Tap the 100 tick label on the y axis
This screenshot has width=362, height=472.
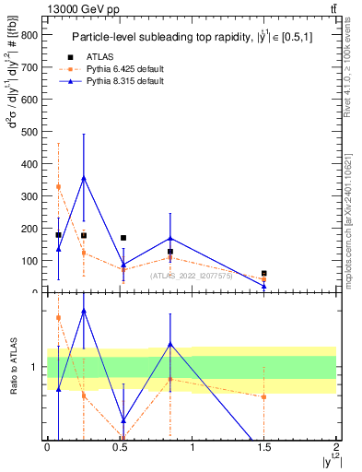pyautogui.click(x=29, y=261)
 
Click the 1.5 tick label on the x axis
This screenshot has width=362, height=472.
pyautogui.click(x=263, y=447)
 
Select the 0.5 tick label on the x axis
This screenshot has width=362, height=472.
pyautogui.click(x=119, y=447)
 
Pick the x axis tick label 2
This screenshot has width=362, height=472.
pyautogui.click(x=336, y=447)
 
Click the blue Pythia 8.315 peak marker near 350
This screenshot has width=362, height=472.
pyautogui.click(x=84, y=178)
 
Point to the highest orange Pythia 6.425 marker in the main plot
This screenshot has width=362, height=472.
pyautogui.click(x=58, y=186)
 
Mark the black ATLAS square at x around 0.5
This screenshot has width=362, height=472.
pyautogui.click(x=123, y=238)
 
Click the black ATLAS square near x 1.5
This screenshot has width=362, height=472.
pyautogui.click(x=264, y=274)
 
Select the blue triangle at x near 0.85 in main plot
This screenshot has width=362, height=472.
pyautogui.click(x=170, y=238)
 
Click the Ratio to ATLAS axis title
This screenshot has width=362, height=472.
pyautogui.click(x=15, y=367)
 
